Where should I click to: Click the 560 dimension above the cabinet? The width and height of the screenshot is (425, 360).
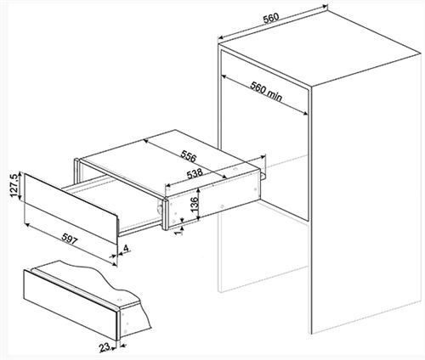[x=271, y=18]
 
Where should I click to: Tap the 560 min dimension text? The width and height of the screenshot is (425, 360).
[x=266, y=92]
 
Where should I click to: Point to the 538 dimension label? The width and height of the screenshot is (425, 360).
[x=194, y=175]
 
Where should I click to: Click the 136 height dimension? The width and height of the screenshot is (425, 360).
[x=195, y=204]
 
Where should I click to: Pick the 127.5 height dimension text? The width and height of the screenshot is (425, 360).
[x=14, y=186]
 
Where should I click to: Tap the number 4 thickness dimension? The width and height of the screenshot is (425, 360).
[x=126, y=248]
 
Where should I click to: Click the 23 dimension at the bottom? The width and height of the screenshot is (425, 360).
[x=105, y=347]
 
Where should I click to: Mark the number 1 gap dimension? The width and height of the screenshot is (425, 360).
[x=179, y=232]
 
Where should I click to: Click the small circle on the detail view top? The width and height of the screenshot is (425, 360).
[x=119, y=299]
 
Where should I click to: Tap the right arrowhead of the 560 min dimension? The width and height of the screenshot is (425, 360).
[x=305, y=114]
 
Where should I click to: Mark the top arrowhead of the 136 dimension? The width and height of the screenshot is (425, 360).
[x=200, y=192]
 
